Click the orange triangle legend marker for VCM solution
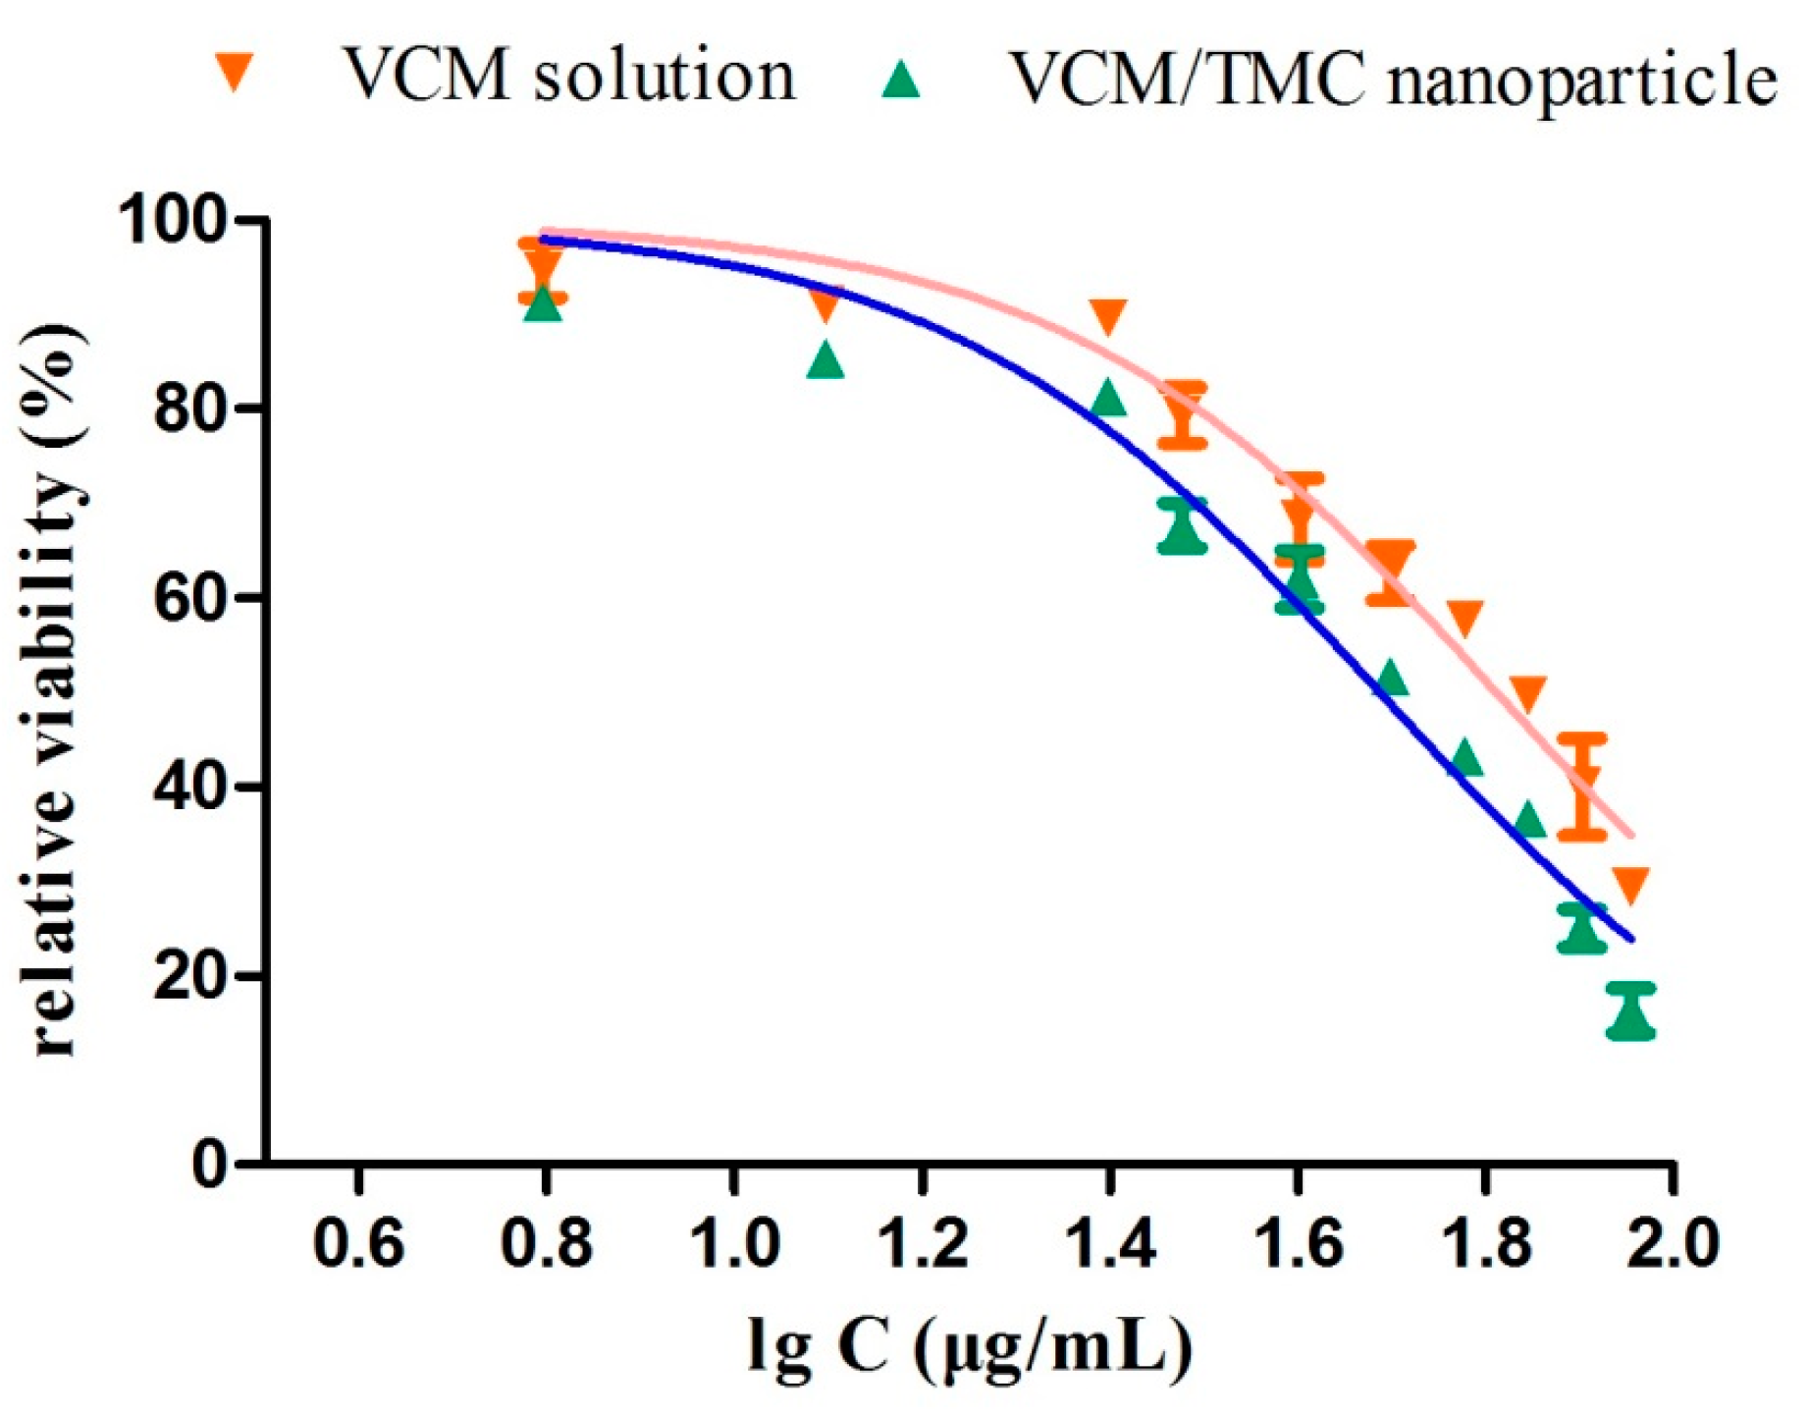point(235,73)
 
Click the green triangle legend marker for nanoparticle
point(900,78)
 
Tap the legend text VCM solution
point(568,75)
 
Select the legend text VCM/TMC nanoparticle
point(1393,78)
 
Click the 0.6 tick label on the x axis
point(358,1243)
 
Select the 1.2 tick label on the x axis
point(922,1243)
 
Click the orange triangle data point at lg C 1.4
point(1108,315)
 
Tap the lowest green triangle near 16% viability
point(1631,1013)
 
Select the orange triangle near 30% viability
point(1630,884)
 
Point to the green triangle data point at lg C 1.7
point(1391,678)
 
